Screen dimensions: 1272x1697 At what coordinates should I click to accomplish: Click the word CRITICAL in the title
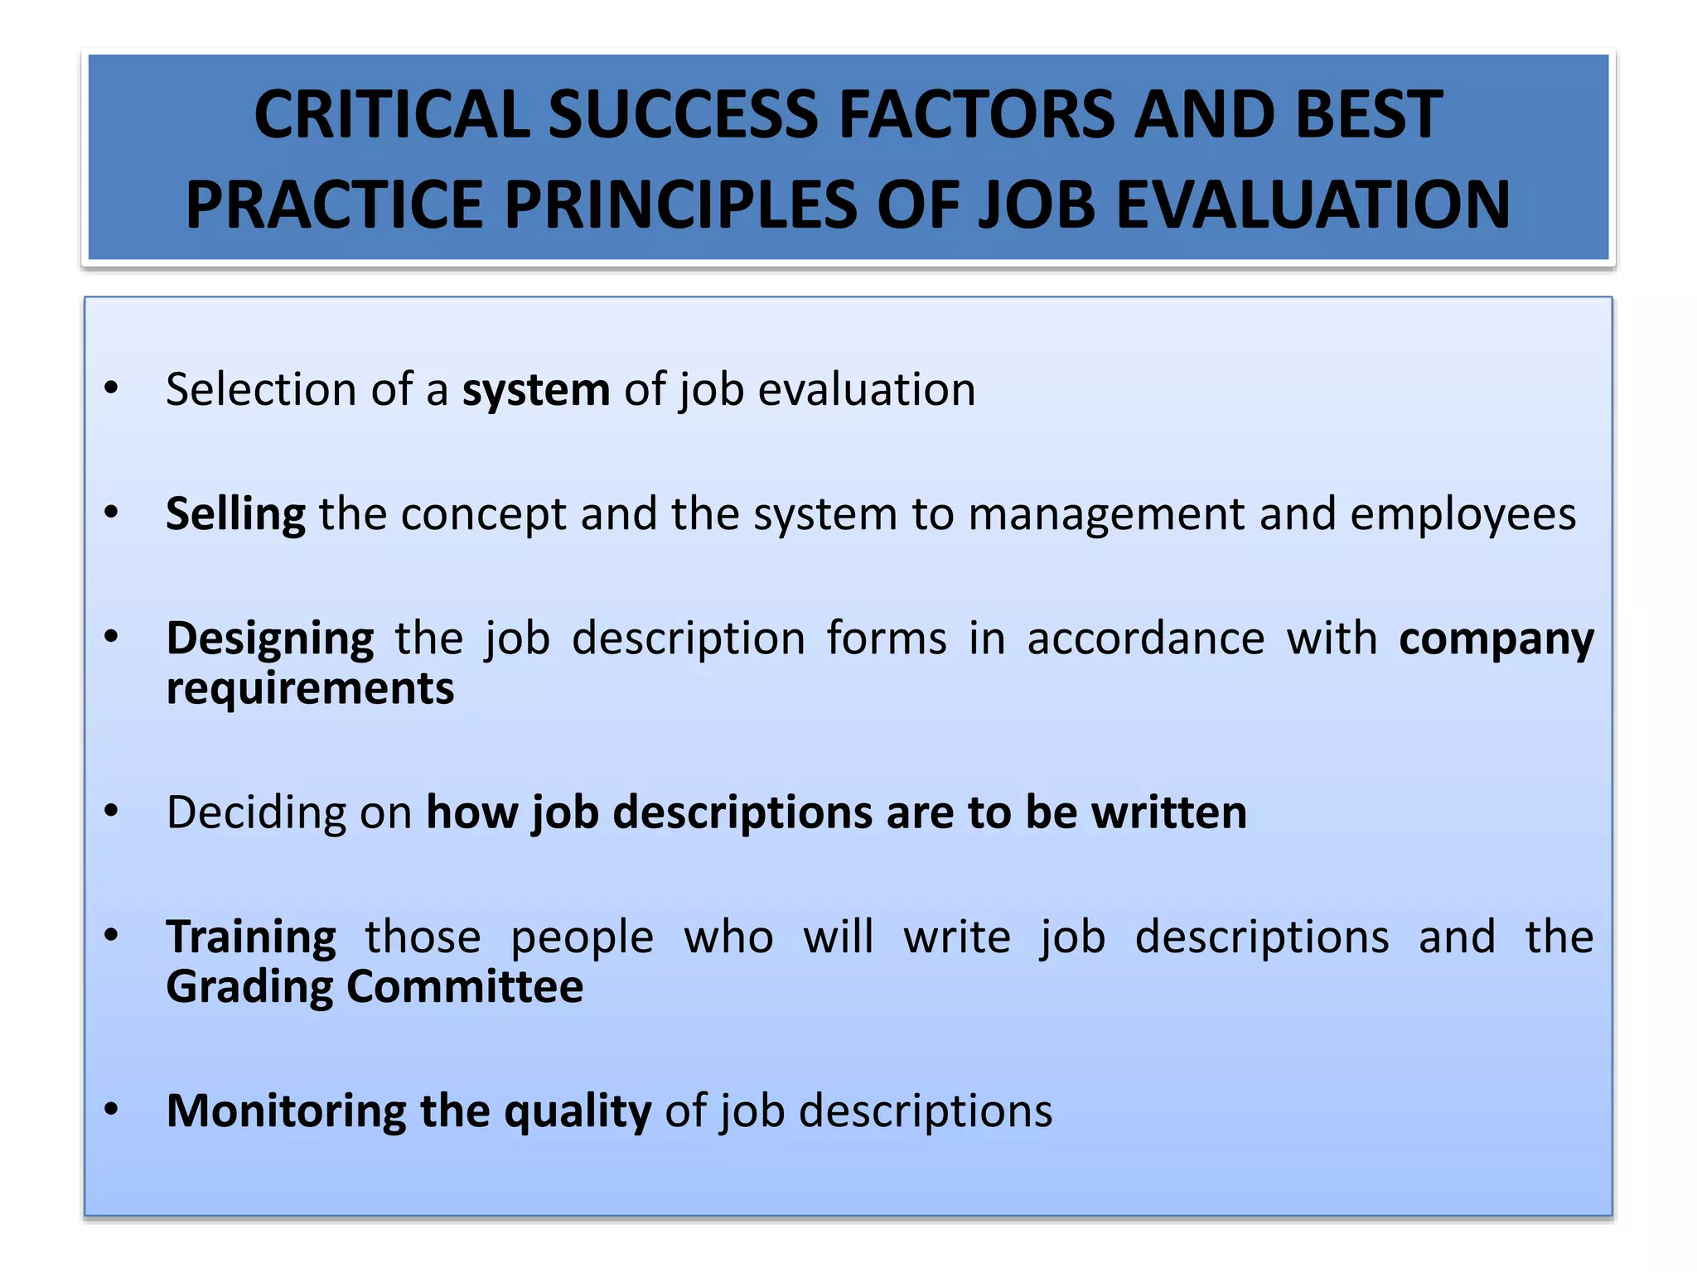392,114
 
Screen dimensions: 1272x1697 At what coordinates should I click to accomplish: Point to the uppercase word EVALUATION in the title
1313,205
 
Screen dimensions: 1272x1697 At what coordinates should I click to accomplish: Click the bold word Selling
236,515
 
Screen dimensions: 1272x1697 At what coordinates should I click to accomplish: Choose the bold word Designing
270,639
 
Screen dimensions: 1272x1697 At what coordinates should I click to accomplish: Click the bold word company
1496,639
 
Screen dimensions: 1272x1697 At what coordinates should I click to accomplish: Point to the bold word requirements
310,688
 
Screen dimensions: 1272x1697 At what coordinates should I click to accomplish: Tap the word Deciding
256,812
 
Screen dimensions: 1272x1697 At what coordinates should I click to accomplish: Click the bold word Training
251,937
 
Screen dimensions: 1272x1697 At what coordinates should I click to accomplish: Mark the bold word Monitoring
287,1111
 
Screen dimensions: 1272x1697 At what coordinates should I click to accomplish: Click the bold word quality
578,1112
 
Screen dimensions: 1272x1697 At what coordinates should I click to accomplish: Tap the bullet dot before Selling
112,513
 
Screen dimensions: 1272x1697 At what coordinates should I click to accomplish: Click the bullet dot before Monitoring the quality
112,1109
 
